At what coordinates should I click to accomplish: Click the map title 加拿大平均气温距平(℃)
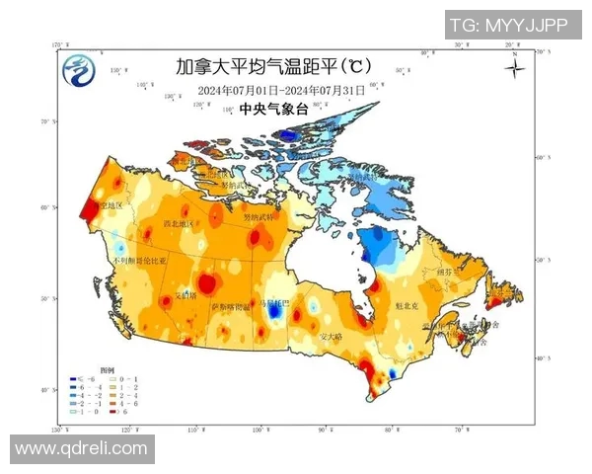(x=272, y=68)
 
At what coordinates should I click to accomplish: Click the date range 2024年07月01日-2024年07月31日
(x=281, y=91)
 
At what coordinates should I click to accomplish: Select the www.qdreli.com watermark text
(x=81, y=448)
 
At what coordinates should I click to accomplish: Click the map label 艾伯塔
(x=185, y=294)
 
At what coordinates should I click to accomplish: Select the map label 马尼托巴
(x=271, y=303)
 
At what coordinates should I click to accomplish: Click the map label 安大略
(x=331, y=337)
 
